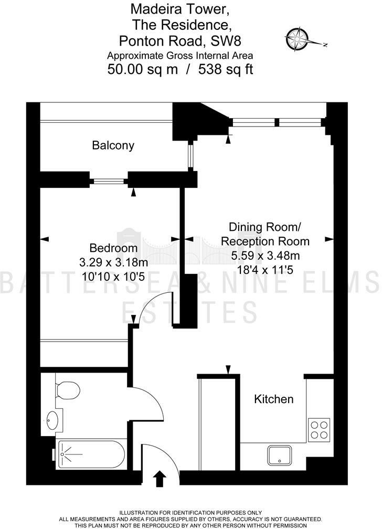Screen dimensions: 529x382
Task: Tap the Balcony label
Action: (x=113, y=145)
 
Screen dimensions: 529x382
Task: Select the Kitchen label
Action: (x=274, y=399)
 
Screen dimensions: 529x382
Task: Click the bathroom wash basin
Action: (x=53, y=420)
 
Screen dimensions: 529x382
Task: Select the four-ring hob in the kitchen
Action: (x=319, y=429)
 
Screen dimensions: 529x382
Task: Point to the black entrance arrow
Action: (x=160, y=479)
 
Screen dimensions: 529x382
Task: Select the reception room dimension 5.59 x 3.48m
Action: (x=266, y=256)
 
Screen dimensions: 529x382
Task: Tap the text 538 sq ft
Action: (x=226, y=69)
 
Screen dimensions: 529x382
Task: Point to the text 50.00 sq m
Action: (x=141, y=69)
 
